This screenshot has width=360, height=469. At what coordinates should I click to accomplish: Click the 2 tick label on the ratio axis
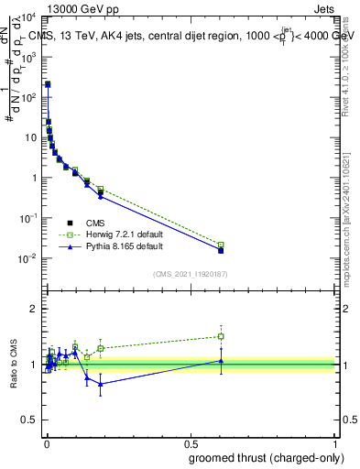35,310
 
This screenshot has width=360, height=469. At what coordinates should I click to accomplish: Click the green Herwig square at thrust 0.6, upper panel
221,245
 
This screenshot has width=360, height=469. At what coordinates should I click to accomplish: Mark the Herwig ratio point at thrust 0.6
221,336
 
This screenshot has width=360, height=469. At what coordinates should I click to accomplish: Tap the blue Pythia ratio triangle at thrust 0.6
221,361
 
